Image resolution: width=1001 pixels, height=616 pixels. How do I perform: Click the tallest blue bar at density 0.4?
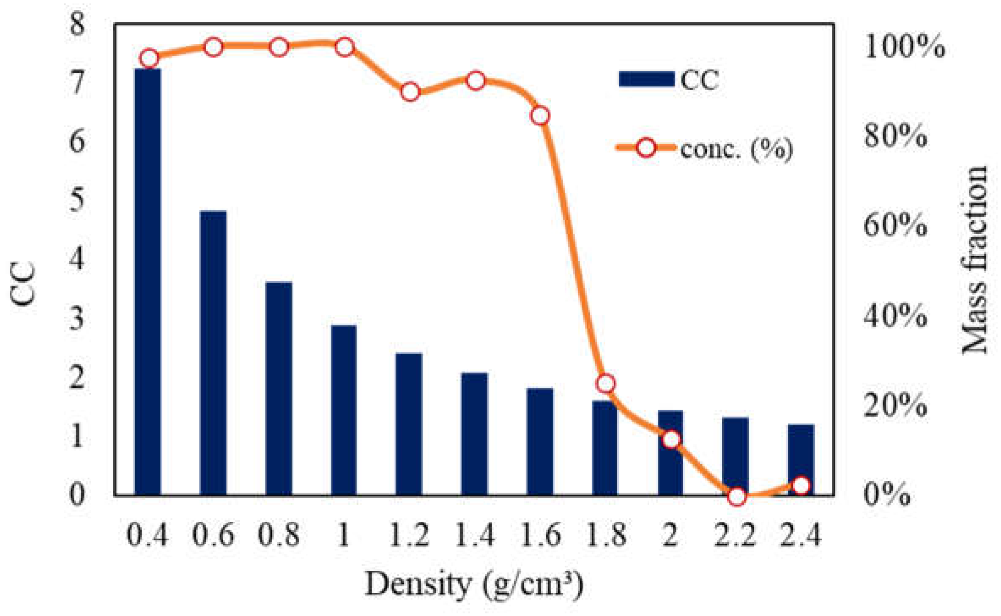148,281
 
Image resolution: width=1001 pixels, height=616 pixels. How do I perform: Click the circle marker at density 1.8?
605,383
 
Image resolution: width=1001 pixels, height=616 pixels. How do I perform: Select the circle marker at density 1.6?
540,116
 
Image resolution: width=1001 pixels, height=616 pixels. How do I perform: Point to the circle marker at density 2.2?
737,496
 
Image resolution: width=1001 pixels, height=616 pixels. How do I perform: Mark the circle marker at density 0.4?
149,58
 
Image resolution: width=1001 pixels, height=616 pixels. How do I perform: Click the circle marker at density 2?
671,440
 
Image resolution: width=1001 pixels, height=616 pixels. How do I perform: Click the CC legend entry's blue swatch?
646,79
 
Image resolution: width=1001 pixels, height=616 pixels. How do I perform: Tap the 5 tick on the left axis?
77,200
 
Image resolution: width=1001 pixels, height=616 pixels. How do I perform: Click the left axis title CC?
23,283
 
